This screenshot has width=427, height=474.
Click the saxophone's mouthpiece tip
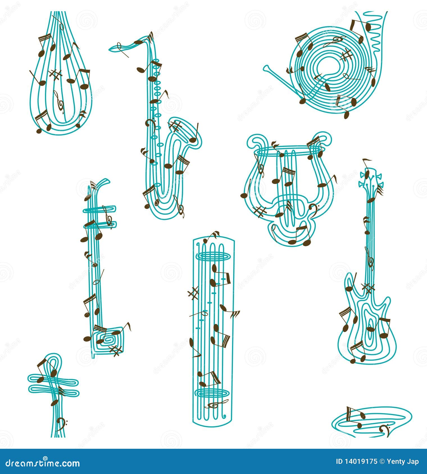pos(110,49)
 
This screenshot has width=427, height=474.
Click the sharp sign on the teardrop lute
pos(55,75)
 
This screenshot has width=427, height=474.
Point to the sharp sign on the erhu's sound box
pos(115,351)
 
